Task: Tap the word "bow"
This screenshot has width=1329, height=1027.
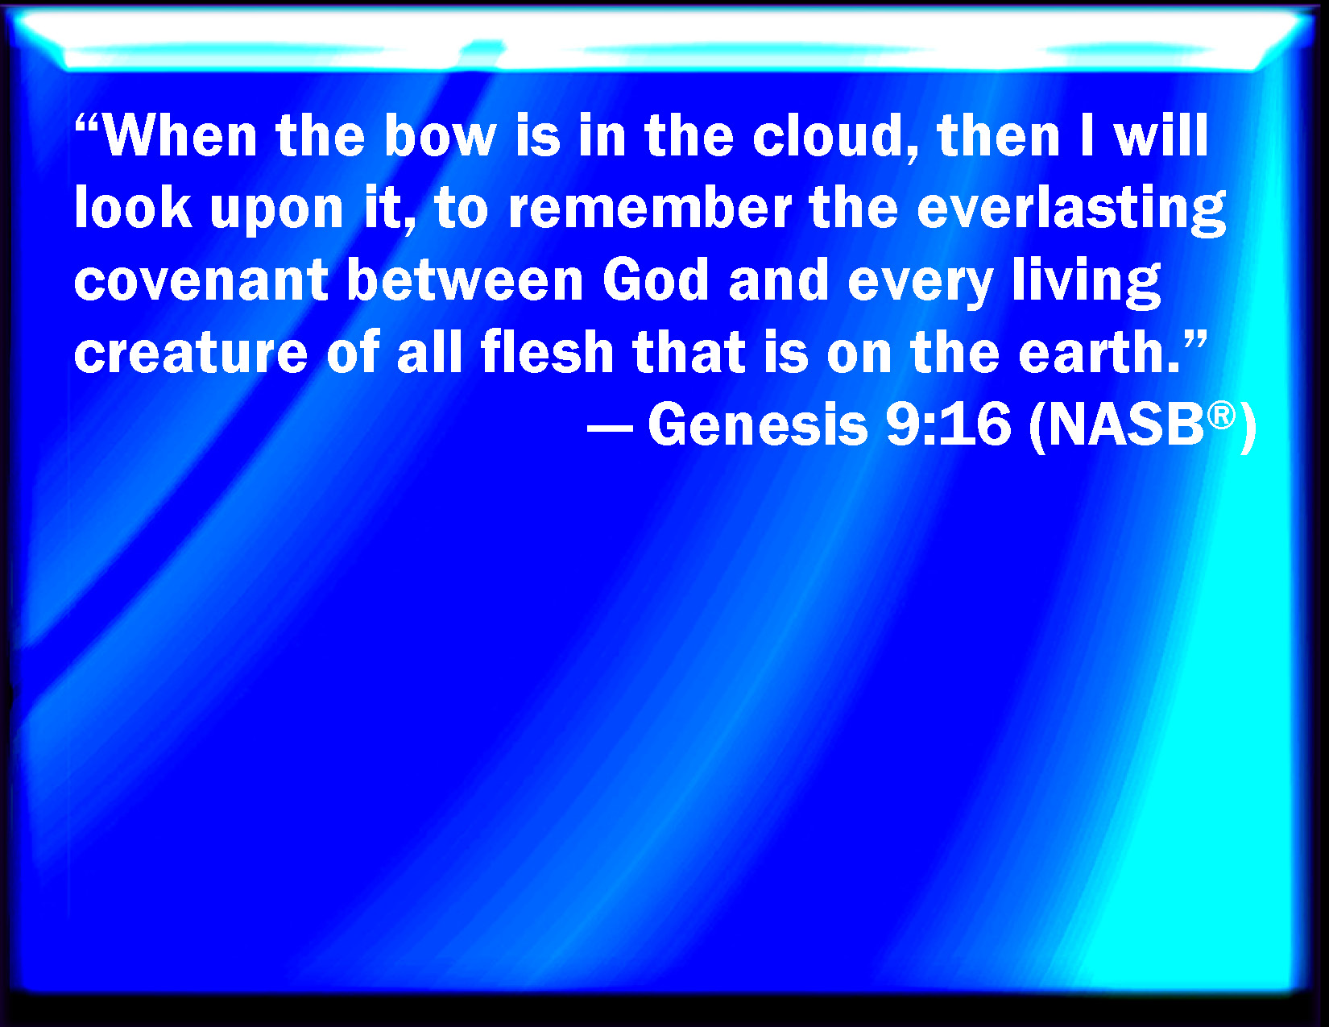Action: click(441, 135)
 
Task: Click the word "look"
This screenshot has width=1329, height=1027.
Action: click(133, 207)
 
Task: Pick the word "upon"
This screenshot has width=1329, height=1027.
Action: click(276, 211)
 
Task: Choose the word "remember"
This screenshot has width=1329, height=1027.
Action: click(650, 207)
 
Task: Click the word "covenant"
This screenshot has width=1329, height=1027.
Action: click(201, 281)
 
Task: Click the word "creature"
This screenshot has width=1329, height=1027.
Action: click(191, 352)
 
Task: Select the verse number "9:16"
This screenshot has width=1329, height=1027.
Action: click(949, 424)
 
